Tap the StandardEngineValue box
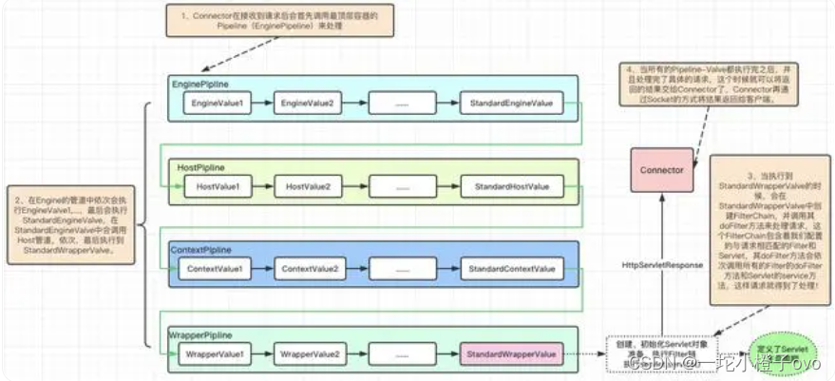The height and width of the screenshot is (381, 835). point(511,102)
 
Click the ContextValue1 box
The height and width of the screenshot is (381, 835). point(215,270)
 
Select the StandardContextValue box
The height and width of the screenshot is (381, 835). point(511,270)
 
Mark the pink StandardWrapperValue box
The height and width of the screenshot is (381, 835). point(508,354)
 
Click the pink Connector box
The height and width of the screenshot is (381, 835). point(662,171)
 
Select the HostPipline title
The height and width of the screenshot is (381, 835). point(201,167)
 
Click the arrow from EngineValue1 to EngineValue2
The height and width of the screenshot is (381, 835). point(263,102)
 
